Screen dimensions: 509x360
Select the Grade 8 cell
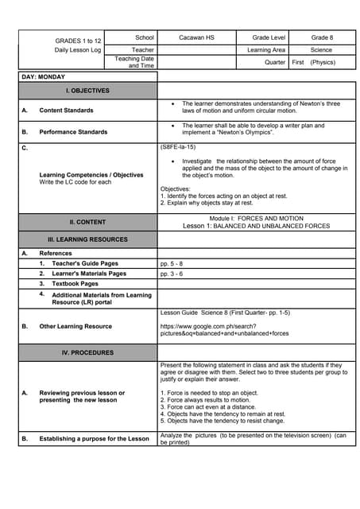click(322, 37)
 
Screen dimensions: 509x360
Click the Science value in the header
click(322, 49)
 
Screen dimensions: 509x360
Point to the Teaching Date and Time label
click(134, 62)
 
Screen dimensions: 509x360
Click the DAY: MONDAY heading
click(43, 77)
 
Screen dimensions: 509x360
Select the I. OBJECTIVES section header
click(87, 91)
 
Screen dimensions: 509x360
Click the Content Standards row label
click(66, 111)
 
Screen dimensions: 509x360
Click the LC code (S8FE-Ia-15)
click(178, 147)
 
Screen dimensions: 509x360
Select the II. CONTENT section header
click(87, 222)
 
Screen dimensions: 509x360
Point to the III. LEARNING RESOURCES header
click(87, 239)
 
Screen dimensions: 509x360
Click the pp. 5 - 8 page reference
click(171, 263)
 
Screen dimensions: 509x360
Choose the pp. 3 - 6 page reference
click(171, 274)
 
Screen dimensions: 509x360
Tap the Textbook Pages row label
click(75, 284)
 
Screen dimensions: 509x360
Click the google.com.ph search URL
click(224, 330)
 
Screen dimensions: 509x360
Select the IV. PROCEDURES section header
click(87, 352)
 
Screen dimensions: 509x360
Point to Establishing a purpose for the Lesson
click(94, 438)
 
